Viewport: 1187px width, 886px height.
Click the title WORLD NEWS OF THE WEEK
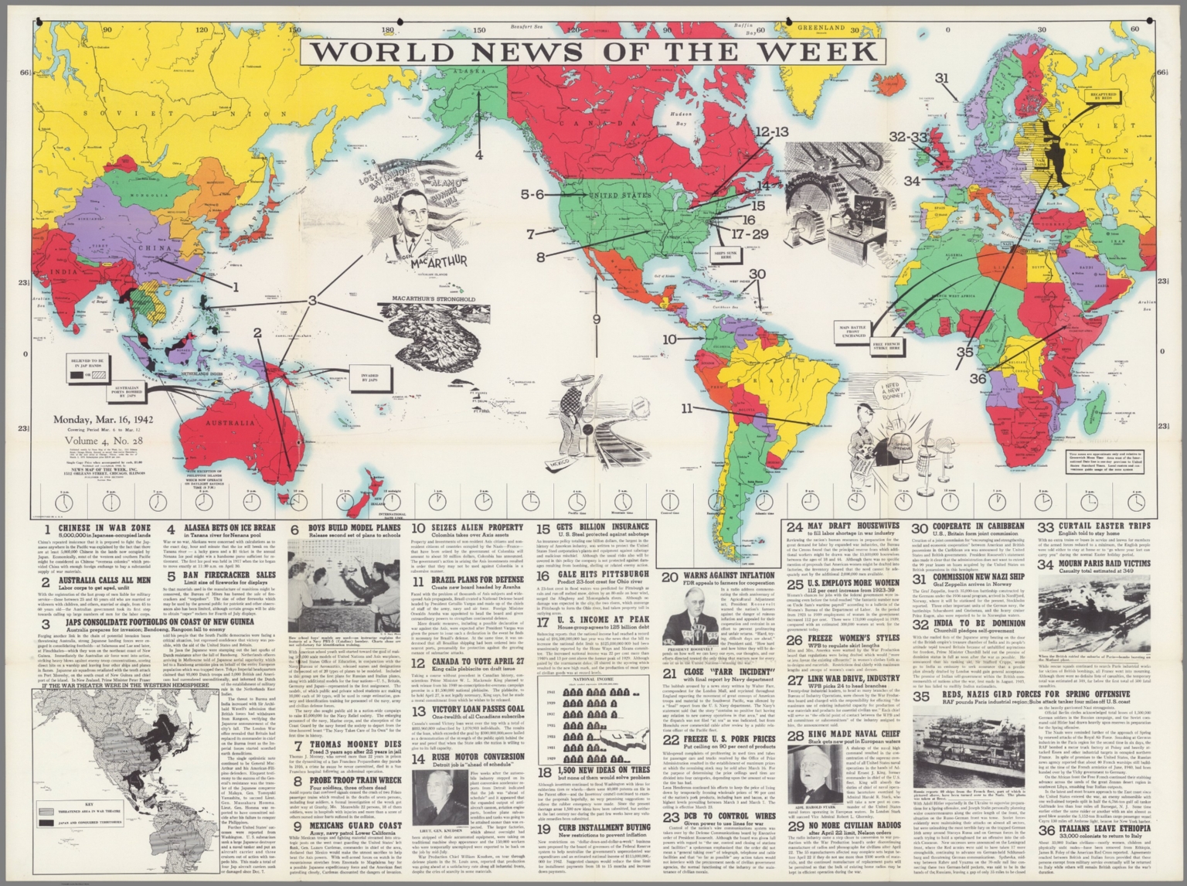click(x=593, y=51)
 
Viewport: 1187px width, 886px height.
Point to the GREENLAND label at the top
click(x=820, y=27)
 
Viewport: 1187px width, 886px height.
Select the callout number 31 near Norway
click(x=940, y=78)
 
